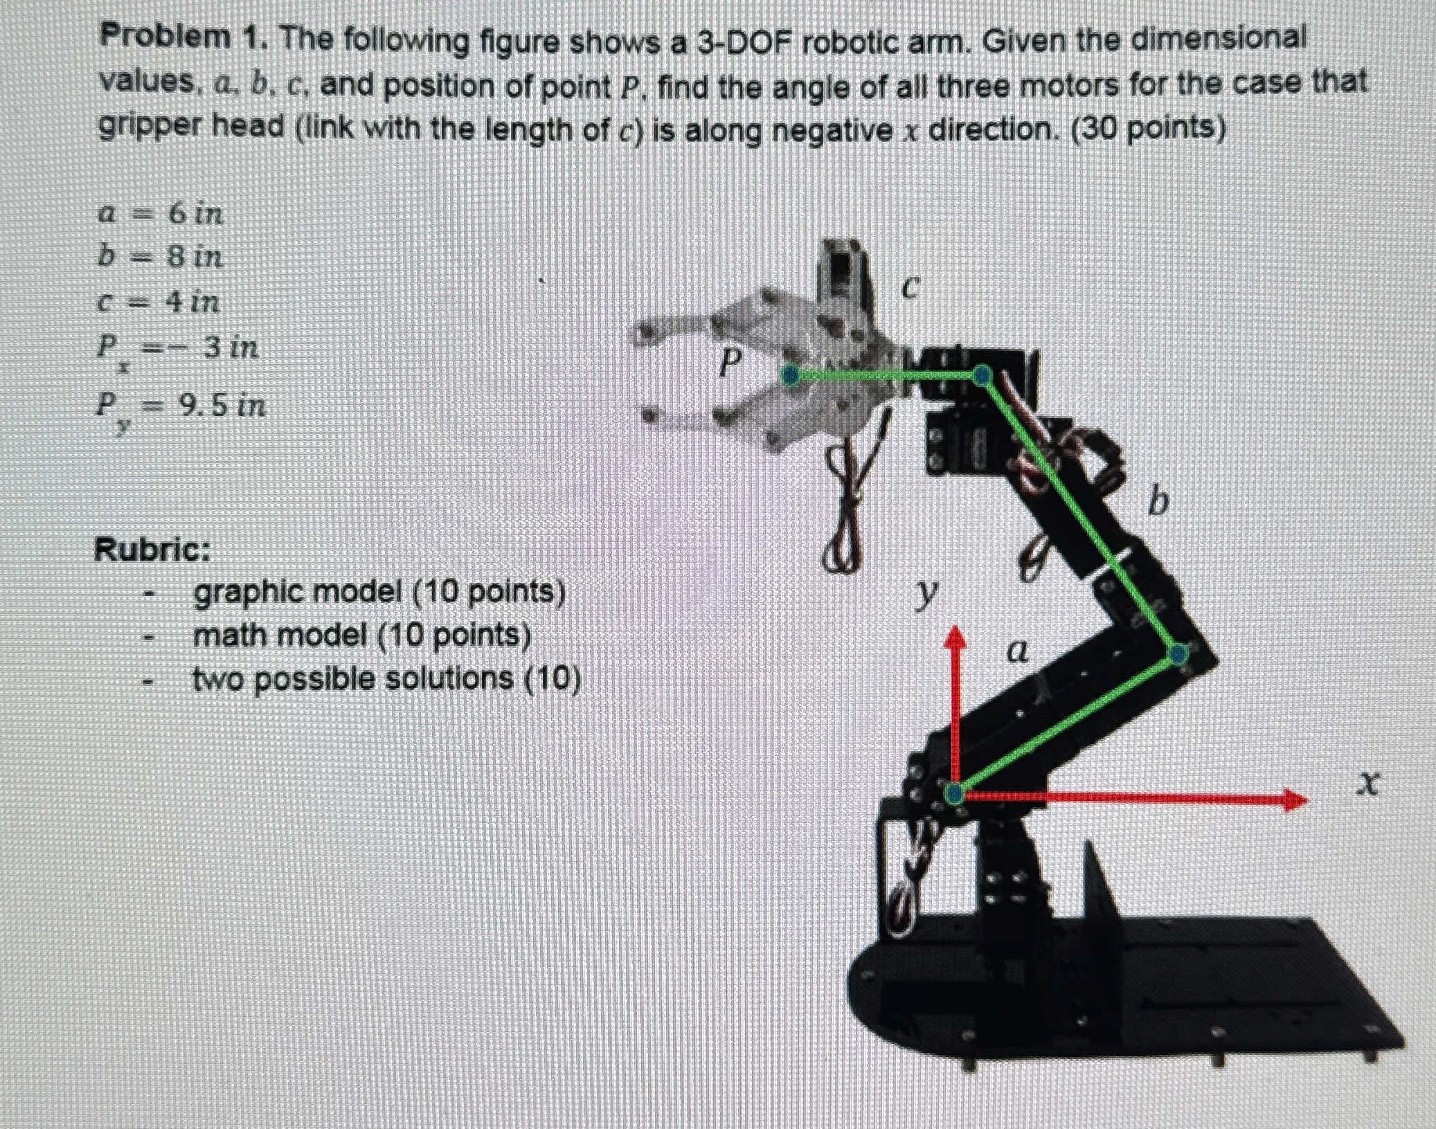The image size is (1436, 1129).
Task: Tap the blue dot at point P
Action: tap(790, 375)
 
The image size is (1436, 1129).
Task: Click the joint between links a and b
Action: tap(1178, 653)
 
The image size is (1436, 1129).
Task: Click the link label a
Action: tap(1016, 651)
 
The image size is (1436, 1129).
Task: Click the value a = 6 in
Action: tap(161, 213)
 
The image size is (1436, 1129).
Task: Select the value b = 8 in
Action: tap(161, 257)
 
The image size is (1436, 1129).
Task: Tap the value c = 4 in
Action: tap(159, 301)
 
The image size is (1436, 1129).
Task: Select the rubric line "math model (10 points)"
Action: tap(362, 635)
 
